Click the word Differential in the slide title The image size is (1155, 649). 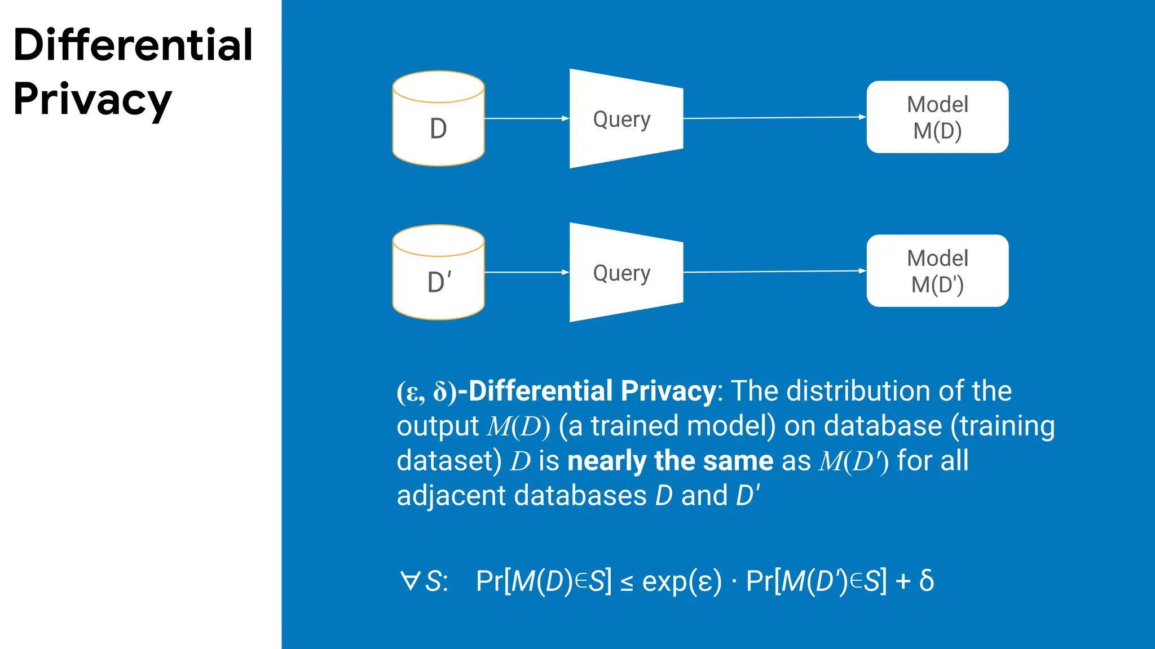click(x=133, y=45)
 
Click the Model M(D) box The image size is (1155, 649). click(x=937, y=117)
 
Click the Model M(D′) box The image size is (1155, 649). click(x=937, y=271)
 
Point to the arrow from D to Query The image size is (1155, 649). click(x=526, y=118)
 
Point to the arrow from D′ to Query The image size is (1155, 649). click(x=526, y=272)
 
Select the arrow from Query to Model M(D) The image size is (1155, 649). click(x=774, y=118)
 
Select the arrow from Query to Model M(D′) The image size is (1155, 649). click(x=774, y=272)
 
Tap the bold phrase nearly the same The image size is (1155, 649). click(x=670, y=461)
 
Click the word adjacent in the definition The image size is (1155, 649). click(x=451, y=496)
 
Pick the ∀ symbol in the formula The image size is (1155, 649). click(x=409, y=581)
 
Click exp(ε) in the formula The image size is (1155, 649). click(x=681, y=581)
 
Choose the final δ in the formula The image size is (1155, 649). click(x=926, y=580)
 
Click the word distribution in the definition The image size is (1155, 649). click(x=857, y=391)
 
